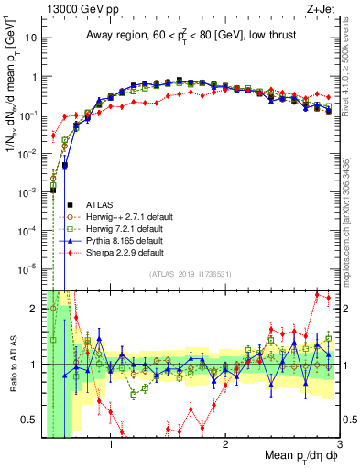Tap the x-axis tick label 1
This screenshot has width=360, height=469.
point(111,447)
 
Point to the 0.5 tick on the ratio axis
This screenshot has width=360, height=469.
point(29,420)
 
